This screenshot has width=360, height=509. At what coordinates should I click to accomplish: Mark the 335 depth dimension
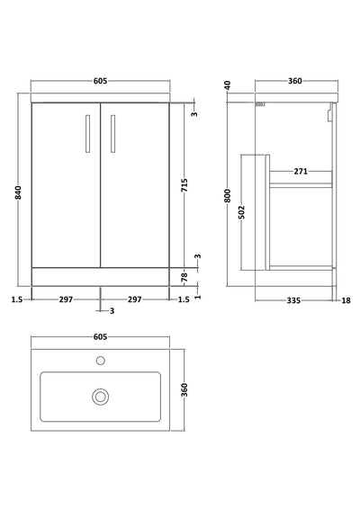(292, 299)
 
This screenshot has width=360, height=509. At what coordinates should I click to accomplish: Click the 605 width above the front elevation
(100, 81)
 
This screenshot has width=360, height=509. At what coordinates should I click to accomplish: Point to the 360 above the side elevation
(293, 81)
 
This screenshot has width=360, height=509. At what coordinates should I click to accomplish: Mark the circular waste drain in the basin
(100, 394)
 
